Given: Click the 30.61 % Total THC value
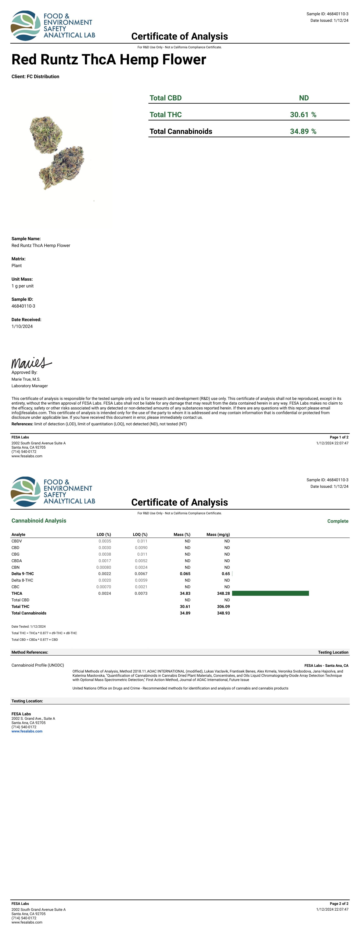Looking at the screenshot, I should (303, 115).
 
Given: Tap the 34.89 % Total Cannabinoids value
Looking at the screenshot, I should (303, 131).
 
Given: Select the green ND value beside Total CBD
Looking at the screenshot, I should (303, 98).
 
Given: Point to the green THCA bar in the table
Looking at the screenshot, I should (270, 593).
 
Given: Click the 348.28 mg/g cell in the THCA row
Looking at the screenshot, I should (223, 593).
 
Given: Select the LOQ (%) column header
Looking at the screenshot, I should (140, 534).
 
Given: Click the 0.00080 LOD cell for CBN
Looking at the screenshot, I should (104, 567).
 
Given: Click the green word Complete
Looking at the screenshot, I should (338, 521).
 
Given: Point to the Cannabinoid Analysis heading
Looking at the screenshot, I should (39, 521).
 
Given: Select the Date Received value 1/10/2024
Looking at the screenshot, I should (22, 326).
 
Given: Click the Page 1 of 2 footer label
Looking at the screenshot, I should (339, 437).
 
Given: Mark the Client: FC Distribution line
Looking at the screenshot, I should (35, 77).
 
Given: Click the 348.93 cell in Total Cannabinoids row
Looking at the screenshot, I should (223, 613).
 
